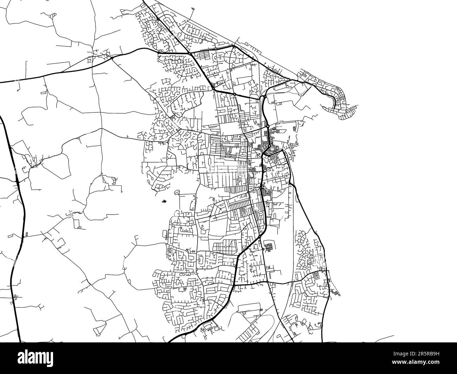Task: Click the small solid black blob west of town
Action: [x=164, y=202]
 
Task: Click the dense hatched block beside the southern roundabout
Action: [x=269, y=247]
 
